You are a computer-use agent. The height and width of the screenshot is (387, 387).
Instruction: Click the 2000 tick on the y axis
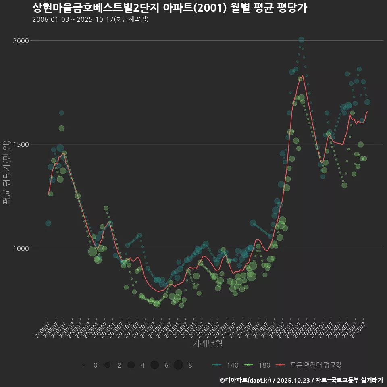21,40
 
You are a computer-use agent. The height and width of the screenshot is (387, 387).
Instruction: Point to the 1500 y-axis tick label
21,144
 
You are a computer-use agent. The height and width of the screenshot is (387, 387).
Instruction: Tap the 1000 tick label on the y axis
21,248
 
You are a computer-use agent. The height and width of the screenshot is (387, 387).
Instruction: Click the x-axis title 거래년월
207,343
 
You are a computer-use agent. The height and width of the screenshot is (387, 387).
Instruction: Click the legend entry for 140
226,365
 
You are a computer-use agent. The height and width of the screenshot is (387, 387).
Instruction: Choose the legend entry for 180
257,365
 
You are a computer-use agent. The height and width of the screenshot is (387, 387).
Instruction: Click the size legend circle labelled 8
178,365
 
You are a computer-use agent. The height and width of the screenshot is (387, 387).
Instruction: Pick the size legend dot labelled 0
83,365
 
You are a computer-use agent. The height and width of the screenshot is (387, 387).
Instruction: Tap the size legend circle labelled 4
131,365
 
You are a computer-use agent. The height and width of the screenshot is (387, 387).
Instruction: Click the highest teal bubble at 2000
301,40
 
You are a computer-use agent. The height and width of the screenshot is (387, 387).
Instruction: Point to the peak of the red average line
302,75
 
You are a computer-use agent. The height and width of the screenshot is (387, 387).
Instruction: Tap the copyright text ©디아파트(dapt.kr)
246,380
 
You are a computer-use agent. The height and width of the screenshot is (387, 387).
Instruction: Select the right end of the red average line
367,111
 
